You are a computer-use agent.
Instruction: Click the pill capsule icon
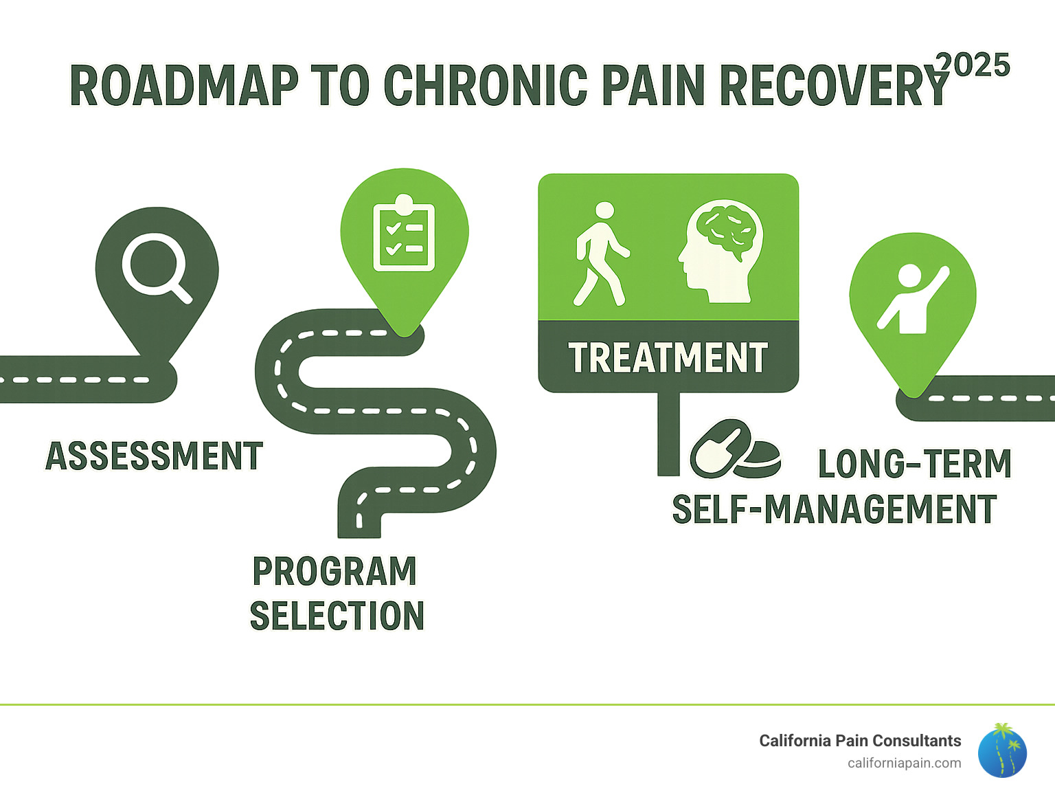click(x=718, y=449)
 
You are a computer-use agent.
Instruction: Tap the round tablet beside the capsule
click(x=760, y=459)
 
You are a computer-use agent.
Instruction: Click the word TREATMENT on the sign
click(x=668, y=358)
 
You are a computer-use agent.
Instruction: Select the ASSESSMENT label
click(x=154, y=456)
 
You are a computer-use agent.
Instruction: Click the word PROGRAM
click(x=334, y=572)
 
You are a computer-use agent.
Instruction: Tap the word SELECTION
click(x=337, y=616)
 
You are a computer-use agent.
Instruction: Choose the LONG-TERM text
click(x=914, y=464)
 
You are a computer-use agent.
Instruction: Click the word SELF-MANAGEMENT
click(x=834, y=510)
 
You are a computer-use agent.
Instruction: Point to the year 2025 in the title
click(x=973, y=66)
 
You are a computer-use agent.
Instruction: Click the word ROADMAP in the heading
click(x=184, y=87)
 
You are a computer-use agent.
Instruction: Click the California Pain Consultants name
click(x=859, y=741)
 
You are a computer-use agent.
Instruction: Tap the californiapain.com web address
click(x=904, y=763)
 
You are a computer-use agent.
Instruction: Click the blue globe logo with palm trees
click(x=1002, y=751)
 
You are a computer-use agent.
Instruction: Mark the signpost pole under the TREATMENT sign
click(x=668, y=434)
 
